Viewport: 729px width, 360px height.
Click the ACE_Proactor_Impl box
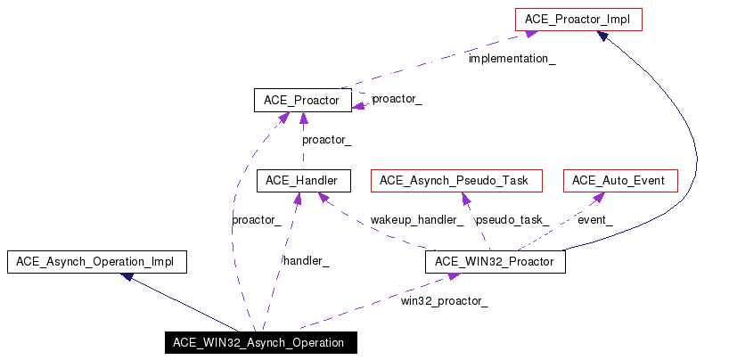click(577, 18)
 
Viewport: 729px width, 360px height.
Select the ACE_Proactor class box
click(302, 100)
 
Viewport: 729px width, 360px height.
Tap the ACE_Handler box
click(302, 181)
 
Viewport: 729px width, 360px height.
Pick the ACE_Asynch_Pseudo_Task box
click(455, 181)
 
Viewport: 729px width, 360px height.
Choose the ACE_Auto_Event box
click(619, 181)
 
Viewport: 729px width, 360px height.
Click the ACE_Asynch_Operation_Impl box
click(95, 262)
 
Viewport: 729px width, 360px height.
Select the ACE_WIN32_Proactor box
click(496, 262)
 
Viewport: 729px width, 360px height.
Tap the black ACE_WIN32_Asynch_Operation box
click(259, 343)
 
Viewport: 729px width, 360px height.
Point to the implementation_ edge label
click(512, 58)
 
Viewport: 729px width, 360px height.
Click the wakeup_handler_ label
click(417, 219)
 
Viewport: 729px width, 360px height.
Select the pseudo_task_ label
click(512, 219)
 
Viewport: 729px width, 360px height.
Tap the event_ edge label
click(595, 219)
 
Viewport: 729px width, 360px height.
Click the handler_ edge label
click(306, 260)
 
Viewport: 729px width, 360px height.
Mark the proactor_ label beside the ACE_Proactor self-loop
click(397, 99)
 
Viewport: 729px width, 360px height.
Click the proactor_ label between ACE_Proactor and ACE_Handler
click(326, 140)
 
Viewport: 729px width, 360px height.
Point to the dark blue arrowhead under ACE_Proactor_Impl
click(603, 36)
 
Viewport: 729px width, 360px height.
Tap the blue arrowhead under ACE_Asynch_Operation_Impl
click(128, 277)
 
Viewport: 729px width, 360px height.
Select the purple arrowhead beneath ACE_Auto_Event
click(598, 197)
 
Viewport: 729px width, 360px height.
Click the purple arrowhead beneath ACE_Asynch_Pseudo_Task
click(454, 197)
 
